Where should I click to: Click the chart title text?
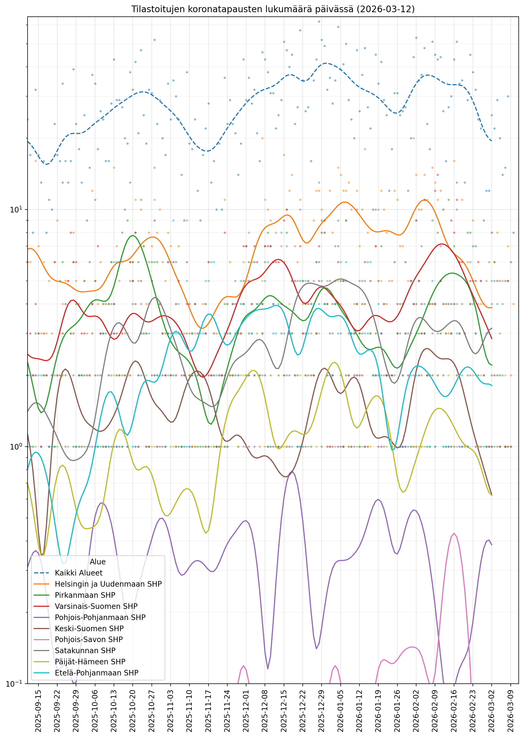pos(273,9)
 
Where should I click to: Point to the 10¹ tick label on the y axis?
pos(16,210)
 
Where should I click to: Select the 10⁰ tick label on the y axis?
pos(16,446)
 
